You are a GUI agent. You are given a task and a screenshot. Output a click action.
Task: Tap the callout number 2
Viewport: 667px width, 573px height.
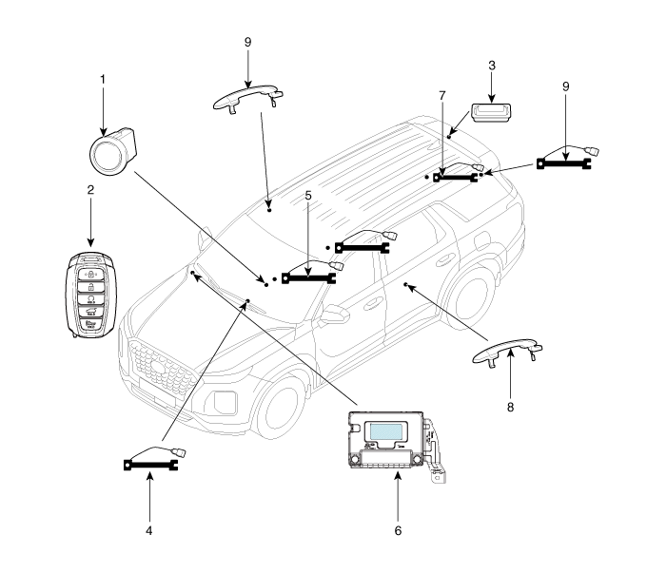[89, 190]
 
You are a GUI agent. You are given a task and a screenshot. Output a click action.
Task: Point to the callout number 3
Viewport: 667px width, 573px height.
[491, 66]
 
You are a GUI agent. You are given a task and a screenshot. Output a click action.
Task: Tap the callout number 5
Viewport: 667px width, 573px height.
[307, 196]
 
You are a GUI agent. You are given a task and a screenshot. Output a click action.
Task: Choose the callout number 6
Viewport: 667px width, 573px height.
[398, 529]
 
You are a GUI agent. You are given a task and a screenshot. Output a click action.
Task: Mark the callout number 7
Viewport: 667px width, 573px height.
[441, 96]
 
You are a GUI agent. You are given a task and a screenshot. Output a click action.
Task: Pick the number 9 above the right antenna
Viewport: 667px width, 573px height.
[565, 86]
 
